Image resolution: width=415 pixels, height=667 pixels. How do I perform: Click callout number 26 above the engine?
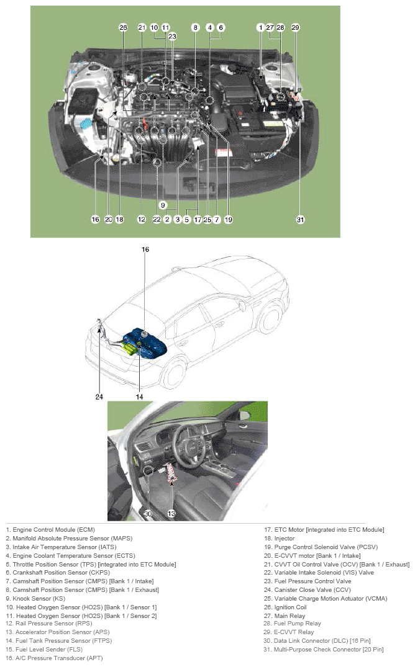[x=123, y=27]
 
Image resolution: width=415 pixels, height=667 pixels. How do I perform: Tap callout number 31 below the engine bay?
[x=300, y=219]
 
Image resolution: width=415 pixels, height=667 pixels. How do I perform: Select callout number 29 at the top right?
[x=295, y=27]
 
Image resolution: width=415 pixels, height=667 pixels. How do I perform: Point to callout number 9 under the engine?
[x=163, y=205]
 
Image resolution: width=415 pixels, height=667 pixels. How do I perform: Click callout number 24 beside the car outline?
[x=99, y=396]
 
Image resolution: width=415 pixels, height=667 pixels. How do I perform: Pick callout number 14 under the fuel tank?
[x=140, y=396]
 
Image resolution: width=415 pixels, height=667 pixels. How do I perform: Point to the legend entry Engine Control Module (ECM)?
[x=50, y=530]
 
